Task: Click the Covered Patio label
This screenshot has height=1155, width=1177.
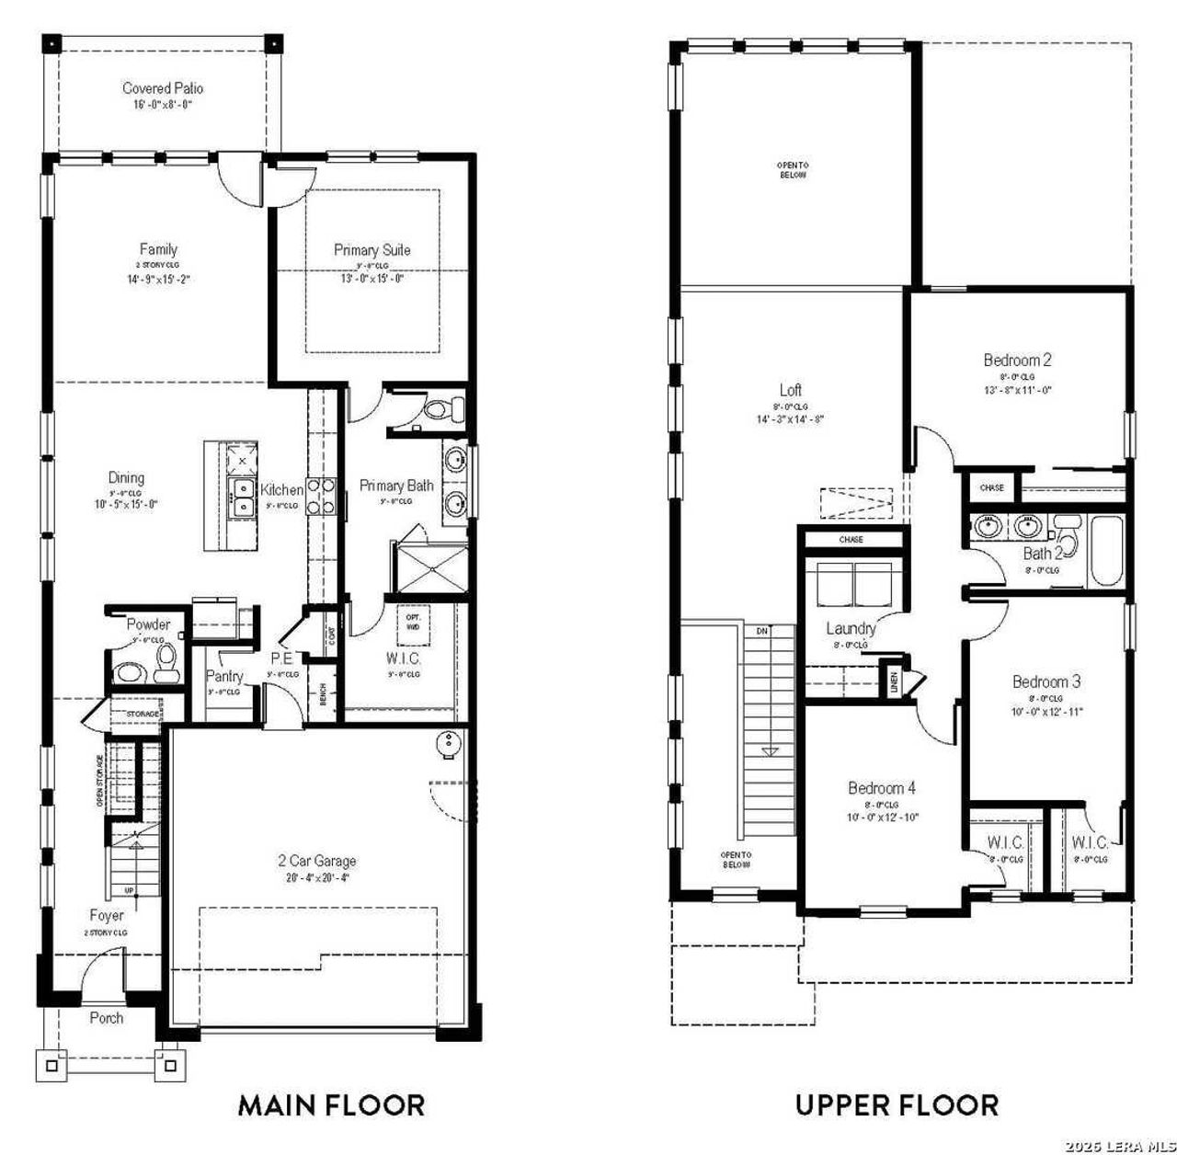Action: click(x=163, y=88)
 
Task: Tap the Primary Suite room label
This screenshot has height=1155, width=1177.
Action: click(x=371, y=249)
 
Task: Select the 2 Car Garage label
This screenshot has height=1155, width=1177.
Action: click(x=317, y=861)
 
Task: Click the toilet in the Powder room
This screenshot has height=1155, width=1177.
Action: click(x=167, y=663)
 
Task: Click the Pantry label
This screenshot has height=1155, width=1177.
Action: click(x=224, y=676)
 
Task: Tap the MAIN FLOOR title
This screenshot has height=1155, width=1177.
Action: click(x=331, y=1104)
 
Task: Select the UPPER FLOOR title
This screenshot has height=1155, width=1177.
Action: click(x=897, y=1104)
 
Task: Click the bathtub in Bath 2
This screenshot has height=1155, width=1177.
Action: click(x=1103, y=552)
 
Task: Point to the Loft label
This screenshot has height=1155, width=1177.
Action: click(x=790, y=390)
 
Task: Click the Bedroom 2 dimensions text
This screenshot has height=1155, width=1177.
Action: click(x=1017, y=389)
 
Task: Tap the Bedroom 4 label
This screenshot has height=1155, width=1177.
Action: click(x=881, y=788)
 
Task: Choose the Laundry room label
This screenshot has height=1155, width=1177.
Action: click(x=851, y=629)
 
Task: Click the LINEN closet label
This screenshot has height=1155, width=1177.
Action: click(x=893, y=681)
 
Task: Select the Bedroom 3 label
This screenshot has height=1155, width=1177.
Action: click(x=1046, y=681)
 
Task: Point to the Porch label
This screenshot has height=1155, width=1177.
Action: click(x=107, y=1018)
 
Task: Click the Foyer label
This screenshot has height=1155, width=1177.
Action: click(x=107, y=916)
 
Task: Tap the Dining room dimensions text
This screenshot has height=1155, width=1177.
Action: click(x=127, y=504)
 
